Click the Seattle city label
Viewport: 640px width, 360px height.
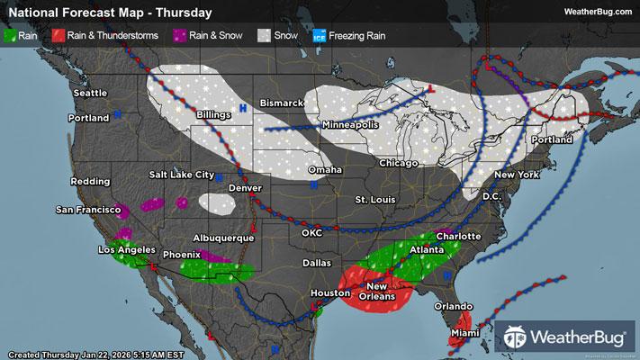[90, 93]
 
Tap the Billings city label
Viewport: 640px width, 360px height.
[213, 115]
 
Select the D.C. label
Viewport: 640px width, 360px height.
[491, 195]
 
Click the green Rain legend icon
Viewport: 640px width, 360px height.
[10, 35]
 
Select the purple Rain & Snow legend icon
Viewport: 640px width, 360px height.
[180, 35]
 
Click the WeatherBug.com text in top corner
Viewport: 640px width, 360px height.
[596, 12]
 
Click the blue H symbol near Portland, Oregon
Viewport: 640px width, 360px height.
[117, 114]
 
